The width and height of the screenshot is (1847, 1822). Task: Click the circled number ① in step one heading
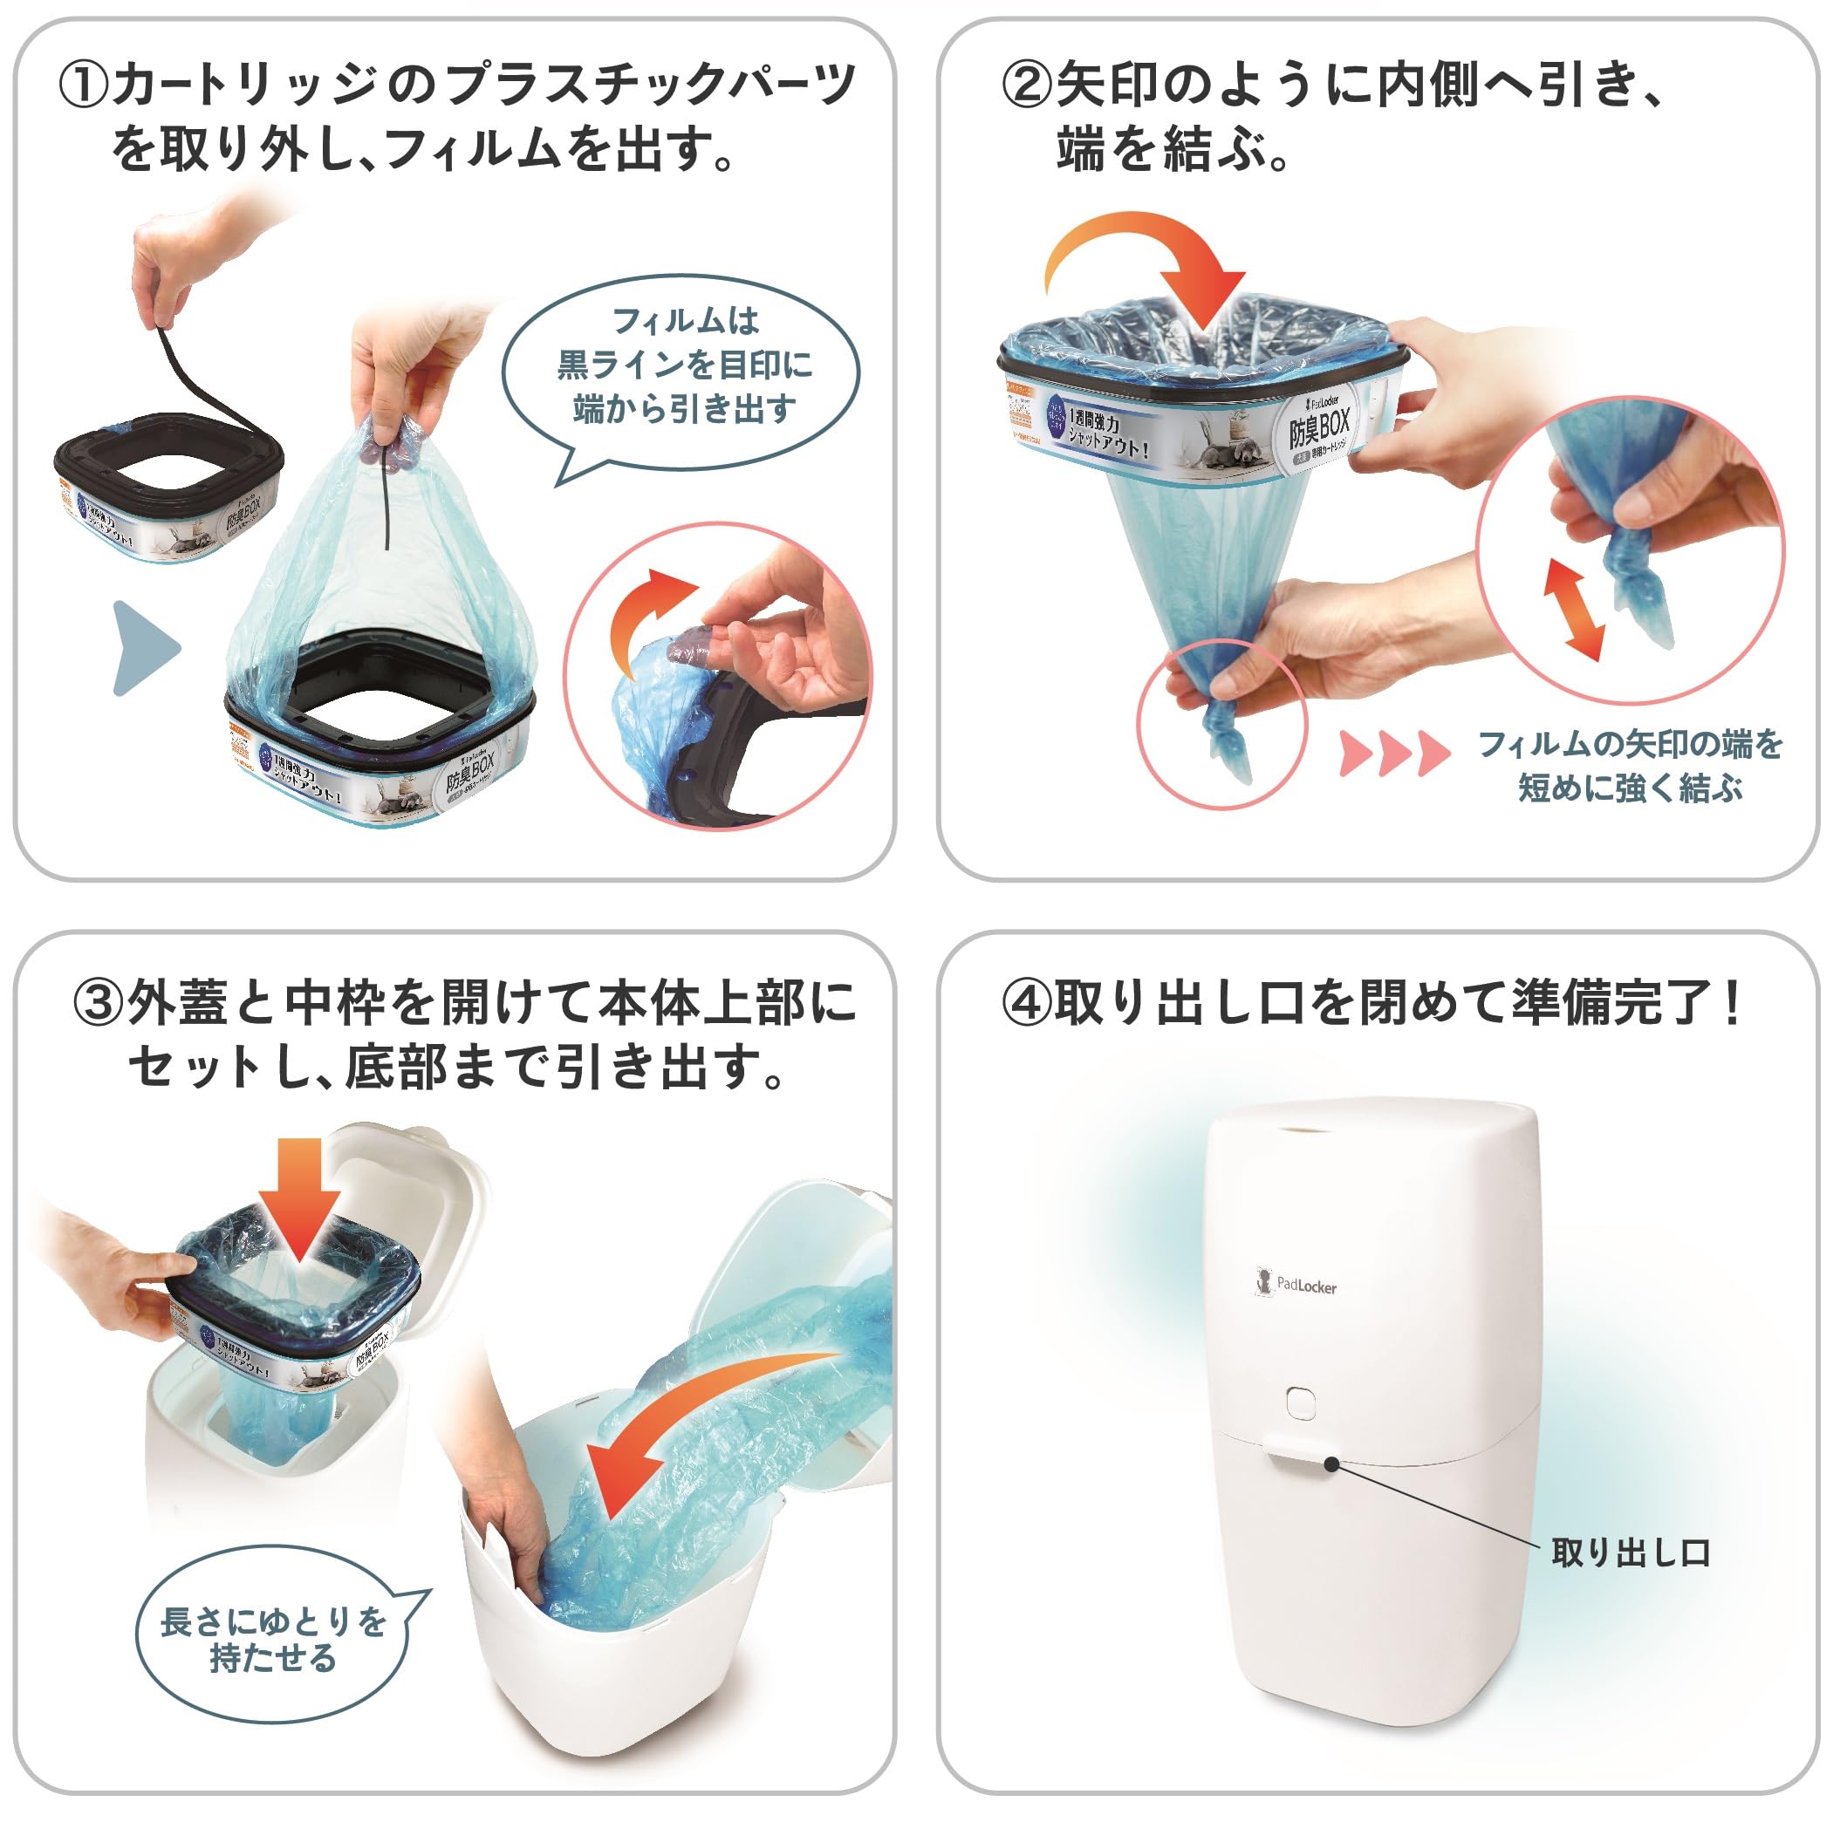(x=84, y=86)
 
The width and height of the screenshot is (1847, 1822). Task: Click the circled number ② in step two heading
(x=1028, y=86)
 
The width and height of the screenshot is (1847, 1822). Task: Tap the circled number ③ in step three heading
(x=99, y=1004)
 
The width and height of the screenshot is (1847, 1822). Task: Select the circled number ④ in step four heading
(x=1028, y=1004)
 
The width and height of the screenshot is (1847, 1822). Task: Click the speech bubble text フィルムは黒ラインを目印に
(x=685, y=365)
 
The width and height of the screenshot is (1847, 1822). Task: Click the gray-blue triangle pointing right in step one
(x=143, y=647)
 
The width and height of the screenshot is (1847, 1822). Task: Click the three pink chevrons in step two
(x=1394, y=753)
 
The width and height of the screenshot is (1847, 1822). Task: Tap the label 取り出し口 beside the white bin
(x=1630, y=1553)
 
